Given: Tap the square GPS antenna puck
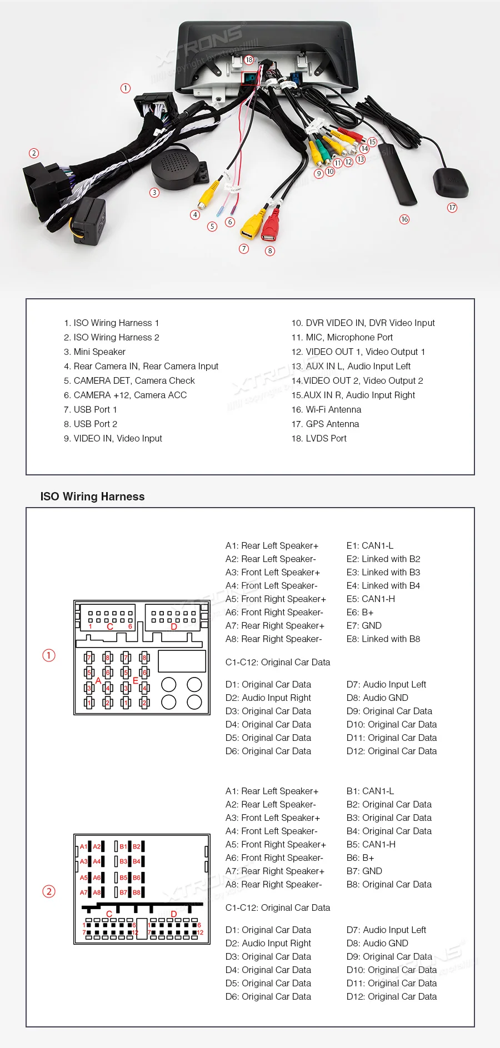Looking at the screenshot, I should [x=450, y=183].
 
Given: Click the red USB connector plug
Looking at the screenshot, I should [x=271, y=227].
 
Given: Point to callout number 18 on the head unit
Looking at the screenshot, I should [x=249, y=60].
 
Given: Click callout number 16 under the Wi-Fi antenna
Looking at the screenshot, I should [x=404, y=219].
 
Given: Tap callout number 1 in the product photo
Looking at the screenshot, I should [x=126, y=88].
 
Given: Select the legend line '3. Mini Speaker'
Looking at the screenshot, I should [x=94, y=352].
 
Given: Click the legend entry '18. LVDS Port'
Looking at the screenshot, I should [x=319, y=438].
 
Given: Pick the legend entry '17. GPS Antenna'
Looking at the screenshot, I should [x=325, y=424].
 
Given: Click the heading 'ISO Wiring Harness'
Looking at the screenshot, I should [x=92, y=497].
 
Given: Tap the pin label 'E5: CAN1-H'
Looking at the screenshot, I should [x=371, y=599].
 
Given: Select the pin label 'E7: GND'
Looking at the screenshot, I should [x=364, y=625].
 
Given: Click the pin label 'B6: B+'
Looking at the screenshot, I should [x=360, y=858].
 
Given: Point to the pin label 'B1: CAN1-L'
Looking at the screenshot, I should [x=370, y=791].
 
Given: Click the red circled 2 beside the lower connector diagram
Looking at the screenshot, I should [x=49, y=891].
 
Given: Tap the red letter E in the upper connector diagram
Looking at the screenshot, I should [x=135, y=680].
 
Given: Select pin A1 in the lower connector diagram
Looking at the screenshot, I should [x=84, y=846].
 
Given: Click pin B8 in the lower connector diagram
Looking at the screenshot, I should [x=137, y=892].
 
